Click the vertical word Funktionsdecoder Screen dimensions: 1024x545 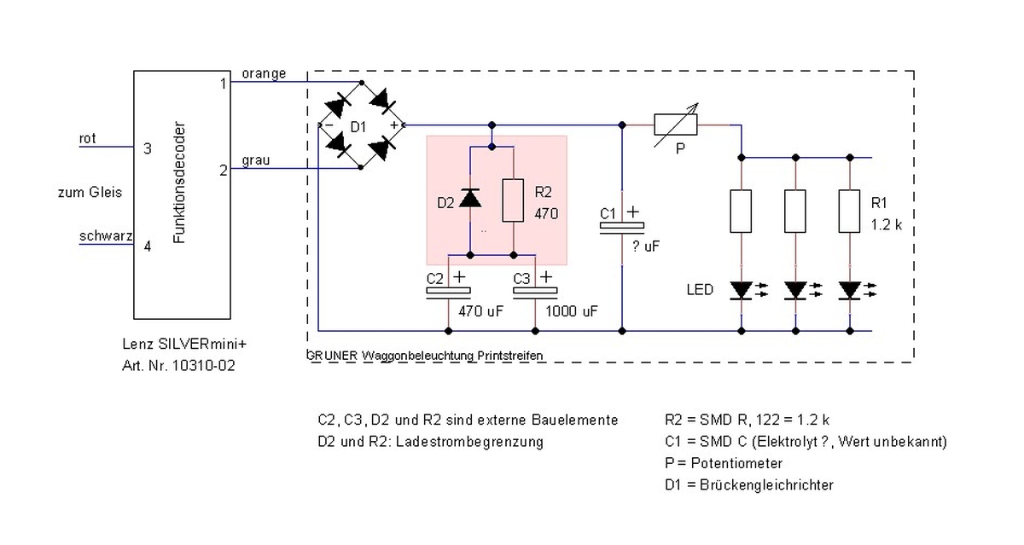coord(179,183)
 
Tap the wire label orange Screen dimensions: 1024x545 coord(265,74)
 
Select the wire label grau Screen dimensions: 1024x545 coord(255,161)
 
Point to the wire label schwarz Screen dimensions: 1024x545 coord(106,235)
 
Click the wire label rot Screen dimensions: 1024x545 coord(87,138)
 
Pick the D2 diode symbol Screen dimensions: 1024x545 coord(470,198)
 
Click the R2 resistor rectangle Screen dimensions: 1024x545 coord(513,200)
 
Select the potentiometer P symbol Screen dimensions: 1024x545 coord(676,125)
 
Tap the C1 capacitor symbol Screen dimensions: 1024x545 coord(622,228)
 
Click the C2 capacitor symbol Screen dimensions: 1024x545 coord(448,293)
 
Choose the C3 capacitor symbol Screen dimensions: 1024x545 coord(535,293)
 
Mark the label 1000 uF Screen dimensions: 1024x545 coord(571,311)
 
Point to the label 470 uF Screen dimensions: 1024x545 coord(480,311)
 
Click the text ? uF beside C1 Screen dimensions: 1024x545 coord(645,246)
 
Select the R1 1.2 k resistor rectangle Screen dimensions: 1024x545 coord(849,211)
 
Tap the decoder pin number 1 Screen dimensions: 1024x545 coord(223,84)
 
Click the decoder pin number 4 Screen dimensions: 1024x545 coord(147,246)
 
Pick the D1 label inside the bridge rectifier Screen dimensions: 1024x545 coord(358,127)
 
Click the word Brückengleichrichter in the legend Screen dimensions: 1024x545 coord(766,484)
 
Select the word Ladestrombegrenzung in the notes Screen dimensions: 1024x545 coord(469,442)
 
